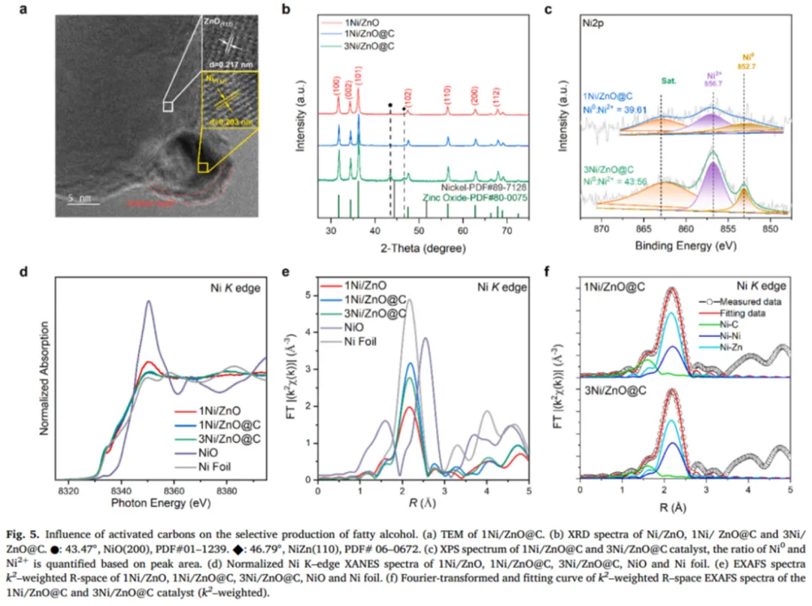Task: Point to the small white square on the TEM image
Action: (x=168, y=107)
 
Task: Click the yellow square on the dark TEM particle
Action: (x=203, y=167)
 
